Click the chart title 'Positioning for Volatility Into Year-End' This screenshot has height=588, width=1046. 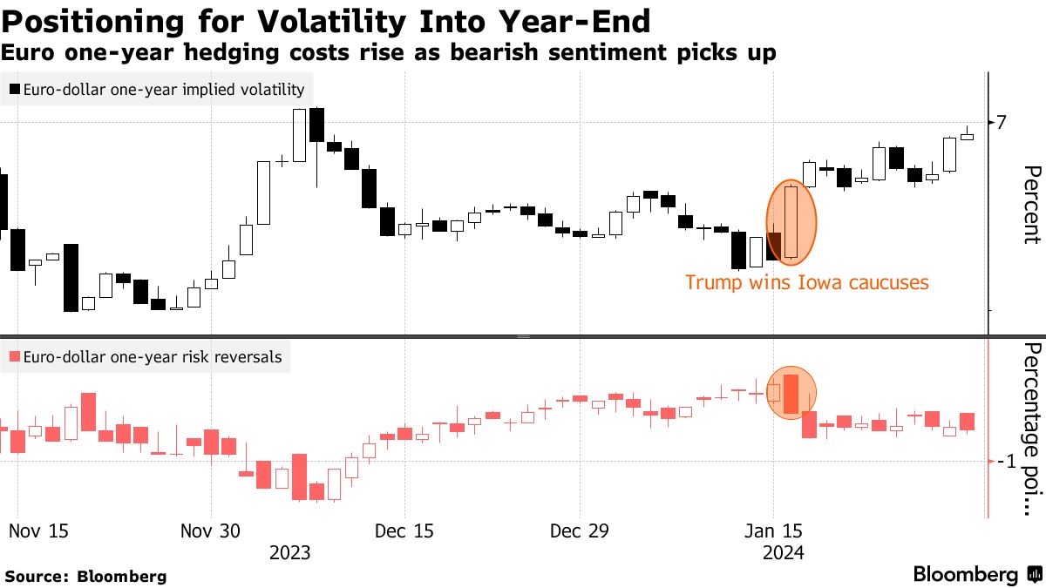[326, 20]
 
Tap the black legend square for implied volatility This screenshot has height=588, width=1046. [15, 89]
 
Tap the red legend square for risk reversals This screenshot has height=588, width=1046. [15, 356]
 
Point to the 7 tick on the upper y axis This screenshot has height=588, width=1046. [1002, 122]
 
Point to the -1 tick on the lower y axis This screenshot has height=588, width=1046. [1005, 462]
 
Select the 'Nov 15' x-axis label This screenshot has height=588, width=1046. [38, 531]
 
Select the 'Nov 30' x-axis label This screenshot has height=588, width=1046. [212, 531]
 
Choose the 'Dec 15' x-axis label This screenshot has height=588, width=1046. [404, 531]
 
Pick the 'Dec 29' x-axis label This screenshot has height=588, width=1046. [580, 531]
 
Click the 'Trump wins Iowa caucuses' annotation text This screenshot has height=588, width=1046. [806, 282]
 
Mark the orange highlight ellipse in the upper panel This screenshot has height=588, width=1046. [791, 222]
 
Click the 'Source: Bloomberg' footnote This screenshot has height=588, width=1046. [85, 576]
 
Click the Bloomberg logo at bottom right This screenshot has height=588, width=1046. [976, 574]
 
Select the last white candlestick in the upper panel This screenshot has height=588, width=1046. [967, 136]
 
